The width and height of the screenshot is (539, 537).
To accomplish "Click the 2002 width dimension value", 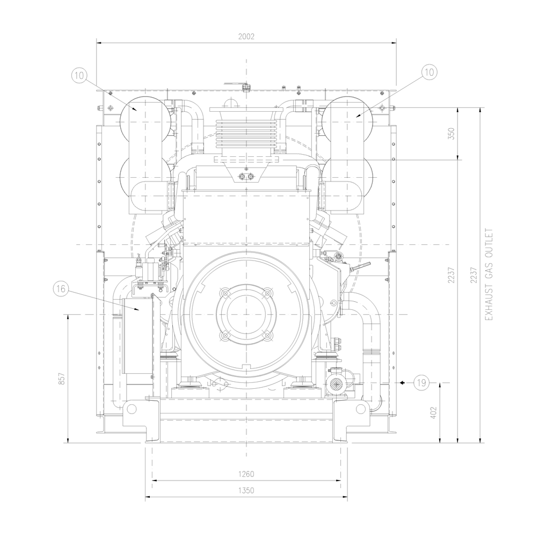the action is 246,37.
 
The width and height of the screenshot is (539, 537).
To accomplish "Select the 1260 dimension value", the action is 246,474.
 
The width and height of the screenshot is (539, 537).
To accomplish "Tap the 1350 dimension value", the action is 246,490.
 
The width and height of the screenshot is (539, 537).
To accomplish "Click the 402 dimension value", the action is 433,413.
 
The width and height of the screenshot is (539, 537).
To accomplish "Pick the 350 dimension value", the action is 451,133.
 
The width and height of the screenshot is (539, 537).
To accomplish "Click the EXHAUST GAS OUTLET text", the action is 489,274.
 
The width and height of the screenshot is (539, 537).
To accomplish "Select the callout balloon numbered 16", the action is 61,288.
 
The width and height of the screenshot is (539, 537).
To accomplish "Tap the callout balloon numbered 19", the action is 421,382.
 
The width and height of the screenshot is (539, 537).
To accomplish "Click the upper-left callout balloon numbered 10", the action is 79,75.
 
